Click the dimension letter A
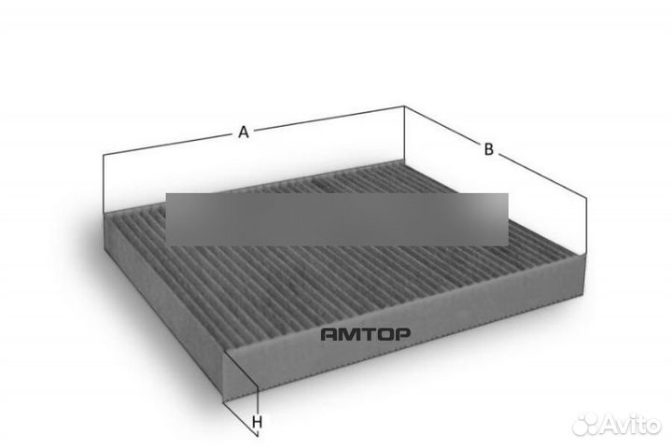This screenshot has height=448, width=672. tap(244, 132)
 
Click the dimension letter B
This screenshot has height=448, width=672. tap(488, 149)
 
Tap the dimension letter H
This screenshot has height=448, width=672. tap(258, 422)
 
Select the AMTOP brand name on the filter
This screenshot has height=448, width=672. tap(366, 334)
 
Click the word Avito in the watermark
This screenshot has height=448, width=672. tap(632, 425)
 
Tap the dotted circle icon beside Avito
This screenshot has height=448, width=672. tap(587, 425)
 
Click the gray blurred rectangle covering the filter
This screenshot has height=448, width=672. tap(337, 219)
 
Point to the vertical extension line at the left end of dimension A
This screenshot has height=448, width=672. tap(104, 183)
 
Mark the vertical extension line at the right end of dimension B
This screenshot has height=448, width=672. tap(586, 227)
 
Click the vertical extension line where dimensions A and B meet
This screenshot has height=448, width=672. tap(404, 133)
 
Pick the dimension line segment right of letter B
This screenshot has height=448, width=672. tap(542, 176)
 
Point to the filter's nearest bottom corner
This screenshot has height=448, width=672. tap(223, 401)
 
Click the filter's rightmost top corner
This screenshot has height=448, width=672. tap(585, 255)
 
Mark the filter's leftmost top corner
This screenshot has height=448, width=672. tap(104, 214)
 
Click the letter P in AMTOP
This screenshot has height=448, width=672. tap(402, 334)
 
